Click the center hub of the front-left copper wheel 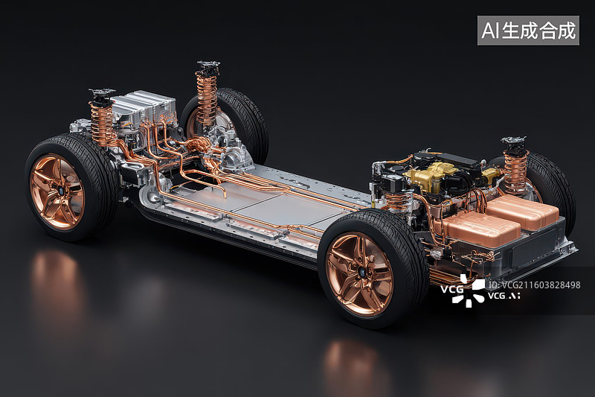(x=59, y=189)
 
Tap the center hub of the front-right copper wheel (x=363, y=272)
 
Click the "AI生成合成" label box (x=528, y=31)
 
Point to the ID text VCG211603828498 (x=535, y=285)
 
